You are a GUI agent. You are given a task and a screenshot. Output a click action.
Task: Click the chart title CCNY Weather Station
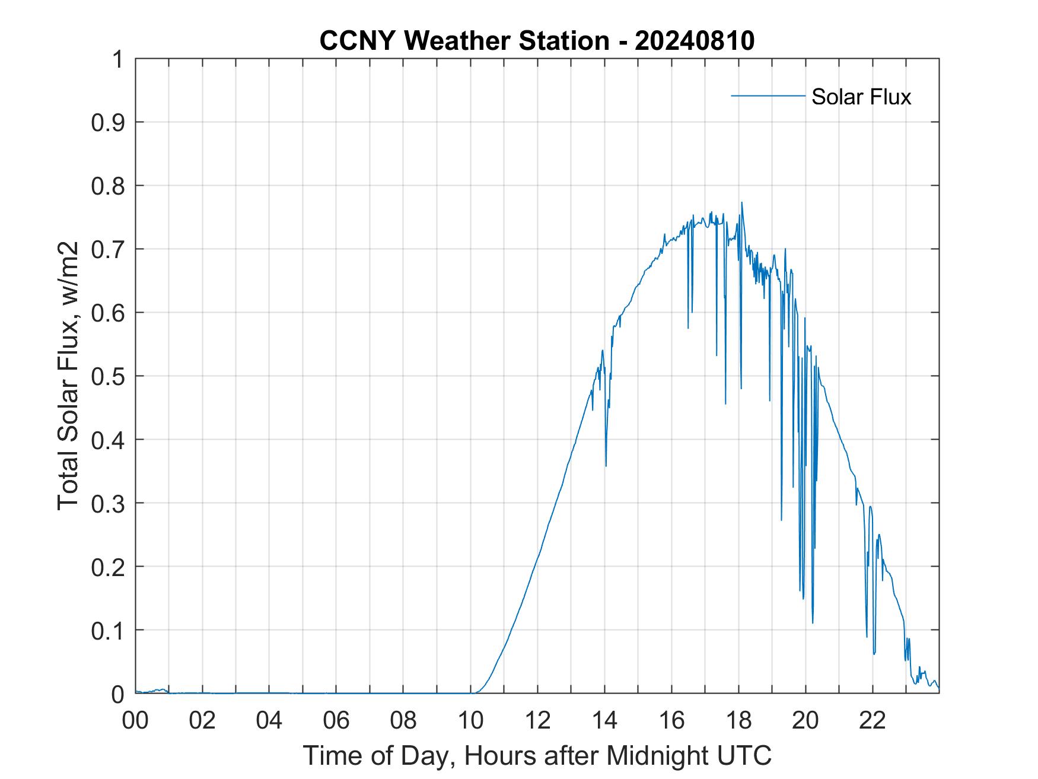464,41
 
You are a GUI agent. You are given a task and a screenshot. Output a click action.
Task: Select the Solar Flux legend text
861,97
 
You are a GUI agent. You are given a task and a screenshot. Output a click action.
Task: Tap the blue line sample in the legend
768,96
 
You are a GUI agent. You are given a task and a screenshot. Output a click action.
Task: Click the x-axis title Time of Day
537,755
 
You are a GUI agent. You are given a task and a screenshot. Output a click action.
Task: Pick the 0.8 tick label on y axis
109,186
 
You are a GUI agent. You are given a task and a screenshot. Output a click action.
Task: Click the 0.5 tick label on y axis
109,376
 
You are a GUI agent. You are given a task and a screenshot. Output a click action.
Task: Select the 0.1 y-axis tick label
109,630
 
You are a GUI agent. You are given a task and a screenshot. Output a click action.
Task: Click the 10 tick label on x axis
470,720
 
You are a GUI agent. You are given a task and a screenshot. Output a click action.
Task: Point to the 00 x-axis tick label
136,720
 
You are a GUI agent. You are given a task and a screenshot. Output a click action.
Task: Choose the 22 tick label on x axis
873,720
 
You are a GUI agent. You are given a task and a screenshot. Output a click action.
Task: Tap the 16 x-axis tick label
671,720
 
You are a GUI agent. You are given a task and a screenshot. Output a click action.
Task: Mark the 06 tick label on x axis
336,720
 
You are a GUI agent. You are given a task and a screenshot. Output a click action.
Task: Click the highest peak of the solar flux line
741,203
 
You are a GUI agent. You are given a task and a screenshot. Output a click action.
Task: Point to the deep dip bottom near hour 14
606,465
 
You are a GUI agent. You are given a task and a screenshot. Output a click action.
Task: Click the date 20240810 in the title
695,41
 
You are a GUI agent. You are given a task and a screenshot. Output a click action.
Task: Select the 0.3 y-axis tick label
109,503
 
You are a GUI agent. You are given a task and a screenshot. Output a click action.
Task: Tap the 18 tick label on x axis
738,720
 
